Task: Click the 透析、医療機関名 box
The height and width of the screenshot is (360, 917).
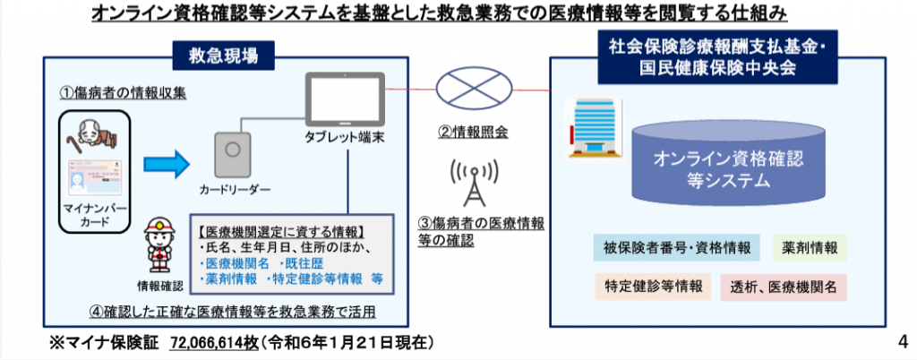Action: click(783, 287)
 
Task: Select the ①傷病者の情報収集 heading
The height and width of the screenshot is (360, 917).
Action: click(124, 91)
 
